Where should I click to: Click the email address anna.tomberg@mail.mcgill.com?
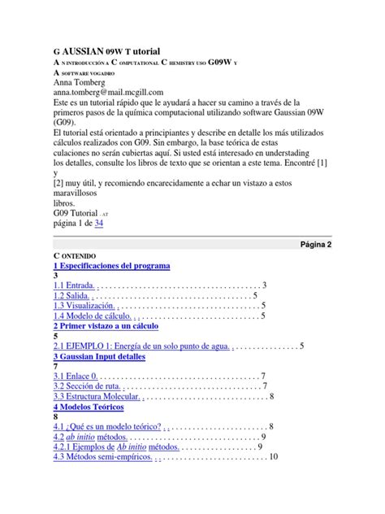click(108, 92)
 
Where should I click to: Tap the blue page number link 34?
click(98, 222)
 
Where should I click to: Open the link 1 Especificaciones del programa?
click(111, 265)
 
